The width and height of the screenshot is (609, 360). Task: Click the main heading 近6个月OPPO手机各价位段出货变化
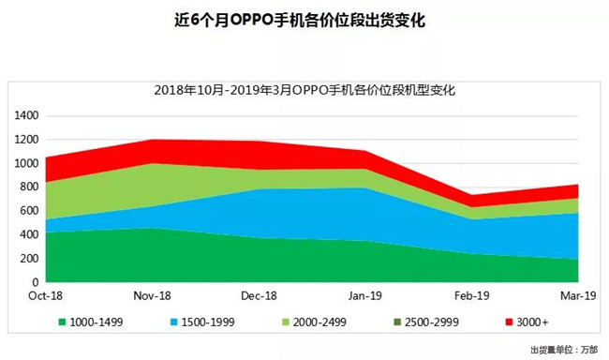coord(304,20)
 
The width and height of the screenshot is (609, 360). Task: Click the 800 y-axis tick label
coord(29,187)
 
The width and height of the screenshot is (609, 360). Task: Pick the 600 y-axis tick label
coord(29,211)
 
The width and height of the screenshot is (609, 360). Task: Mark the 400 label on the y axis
coord(29,234)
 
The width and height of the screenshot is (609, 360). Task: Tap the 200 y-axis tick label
coord(29,259)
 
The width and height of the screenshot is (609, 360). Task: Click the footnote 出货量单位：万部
coord(562,351)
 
